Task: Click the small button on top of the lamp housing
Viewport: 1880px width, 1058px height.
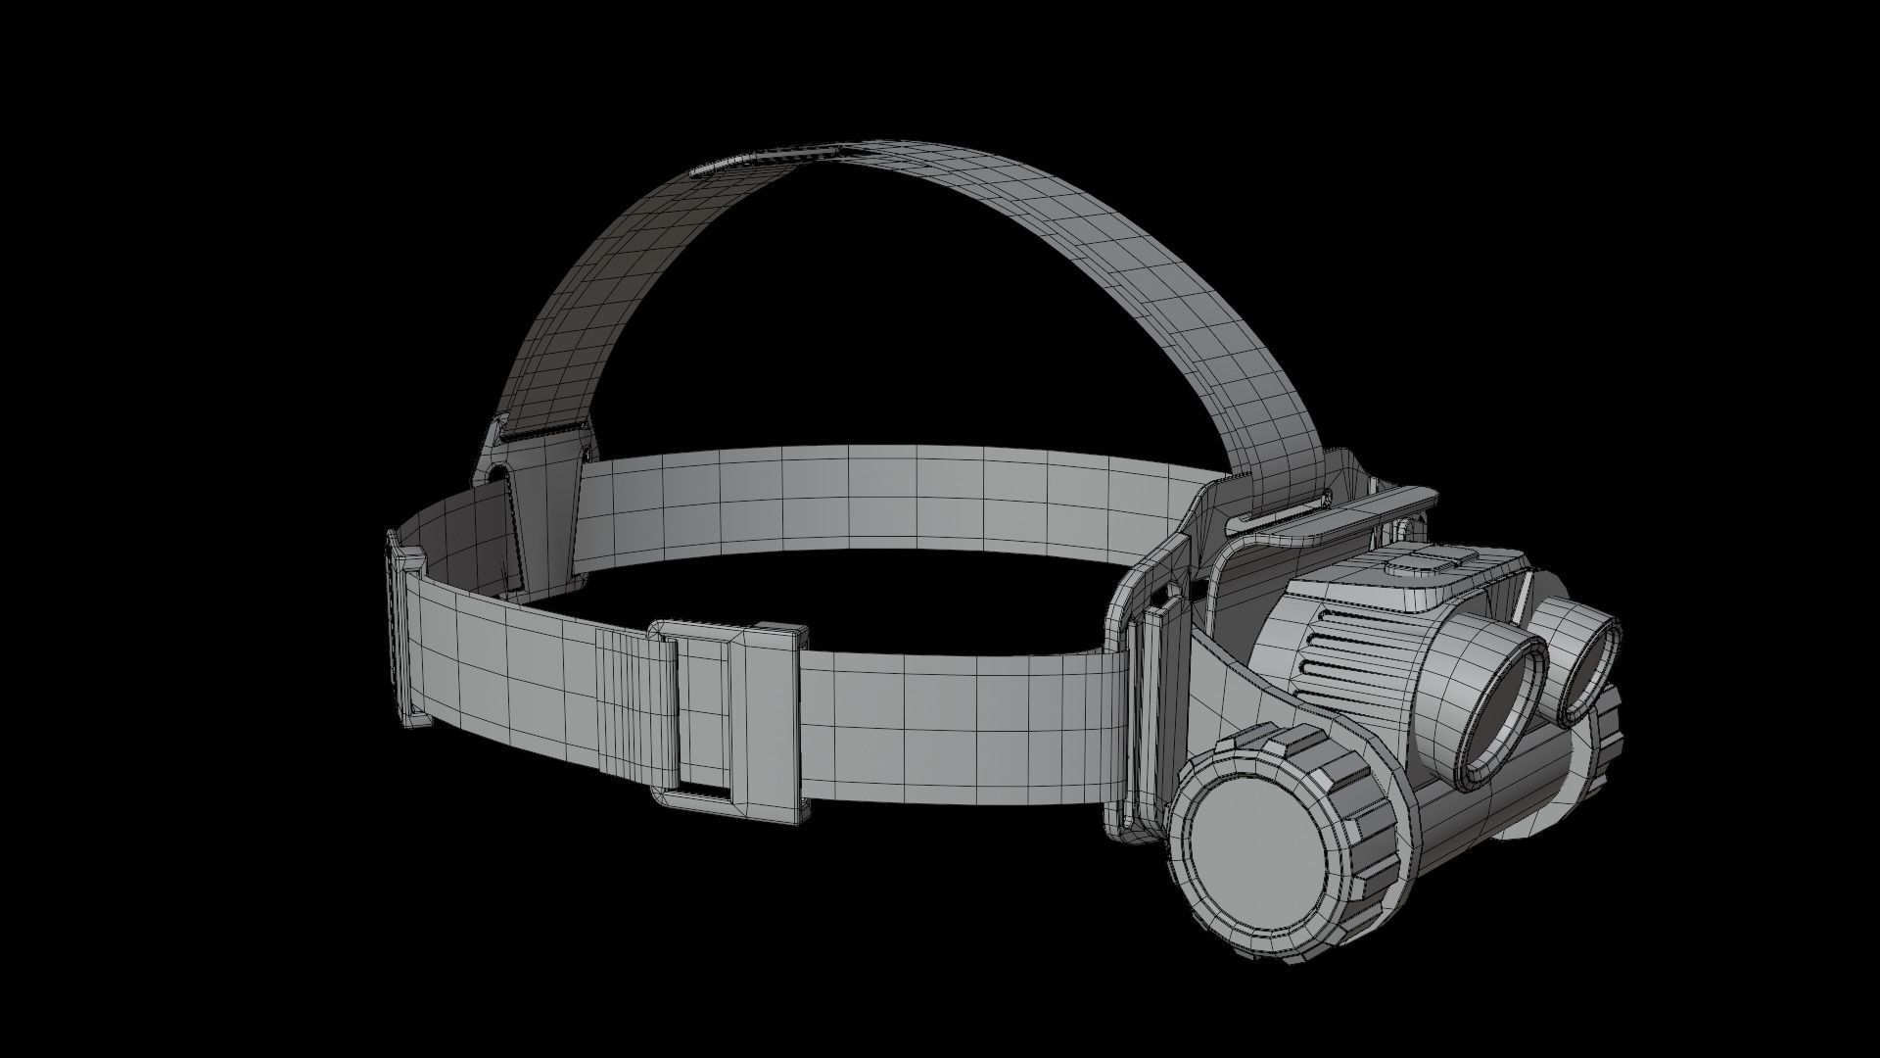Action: point(1433,562)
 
